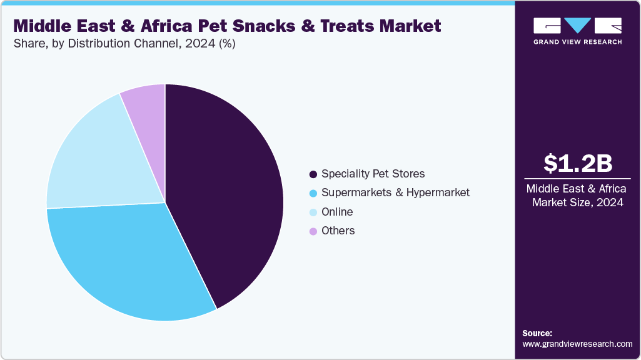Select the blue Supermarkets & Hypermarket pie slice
[125, 262]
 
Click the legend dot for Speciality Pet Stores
[313, 174]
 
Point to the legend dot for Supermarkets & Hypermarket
[313, 193]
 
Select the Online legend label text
[337, 212]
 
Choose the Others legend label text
[338, 231]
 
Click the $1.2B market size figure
[577, 163]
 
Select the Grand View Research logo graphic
[577, 26]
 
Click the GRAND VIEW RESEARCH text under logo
[577, 42]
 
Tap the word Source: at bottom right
[537, 333]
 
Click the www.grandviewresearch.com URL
[577, 344]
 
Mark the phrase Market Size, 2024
[577, 202]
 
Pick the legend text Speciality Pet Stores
[373, 174]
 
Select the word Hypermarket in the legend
[437, 192]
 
